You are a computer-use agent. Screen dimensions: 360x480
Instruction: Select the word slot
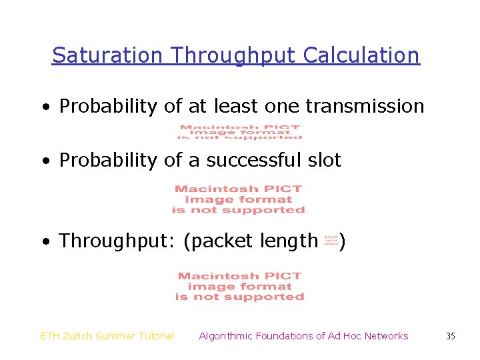coord(325,160)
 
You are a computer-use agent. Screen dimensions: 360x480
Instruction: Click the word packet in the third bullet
coord(220,240)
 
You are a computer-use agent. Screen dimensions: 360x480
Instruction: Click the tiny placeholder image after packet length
coord(331,239)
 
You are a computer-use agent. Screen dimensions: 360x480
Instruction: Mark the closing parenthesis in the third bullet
coord(342,240)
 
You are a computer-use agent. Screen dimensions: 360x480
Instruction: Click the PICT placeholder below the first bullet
coord(239,132)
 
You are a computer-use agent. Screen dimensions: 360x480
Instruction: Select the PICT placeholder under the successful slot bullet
coord(239,199)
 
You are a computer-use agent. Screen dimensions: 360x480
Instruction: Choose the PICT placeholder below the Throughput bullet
coord(239,286)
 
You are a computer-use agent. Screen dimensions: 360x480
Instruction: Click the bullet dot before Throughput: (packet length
coord(45,241)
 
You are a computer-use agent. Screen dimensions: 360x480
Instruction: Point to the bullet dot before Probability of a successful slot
coord(45,161)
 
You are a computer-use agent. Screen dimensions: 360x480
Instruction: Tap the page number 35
coord(450,336)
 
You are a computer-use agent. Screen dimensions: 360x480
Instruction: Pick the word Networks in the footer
coord(386,336)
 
